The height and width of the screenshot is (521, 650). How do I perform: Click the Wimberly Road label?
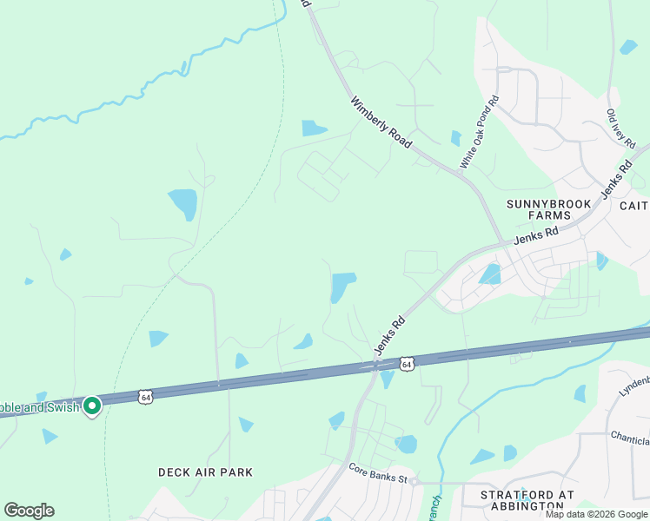pos(381,121)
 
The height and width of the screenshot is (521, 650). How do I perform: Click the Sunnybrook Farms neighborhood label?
pos(548,210)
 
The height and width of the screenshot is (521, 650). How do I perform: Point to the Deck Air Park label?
pos(205,472)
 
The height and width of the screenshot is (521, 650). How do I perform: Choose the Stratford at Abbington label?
pos(527,499)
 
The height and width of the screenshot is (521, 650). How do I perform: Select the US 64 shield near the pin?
pos(146,397)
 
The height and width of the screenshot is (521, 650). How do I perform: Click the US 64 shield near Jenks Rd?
pos(407,364)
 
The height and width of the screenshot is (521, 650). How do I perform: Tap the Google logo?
pos(29,511)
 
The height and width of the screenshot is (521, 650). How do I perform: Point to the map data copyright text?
pos(596,514)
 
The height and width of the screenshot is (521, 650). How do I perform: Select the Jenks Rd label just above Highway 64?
pos(390,334)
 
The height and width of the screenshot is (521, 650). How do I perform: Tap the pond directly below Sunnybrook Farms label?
pos(490,275)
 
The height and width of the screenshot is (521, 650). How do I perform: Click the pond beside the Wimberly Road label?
pos(314,129)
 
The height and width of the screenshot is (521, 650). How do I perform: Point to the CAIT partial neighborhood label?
pos(633,205)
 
